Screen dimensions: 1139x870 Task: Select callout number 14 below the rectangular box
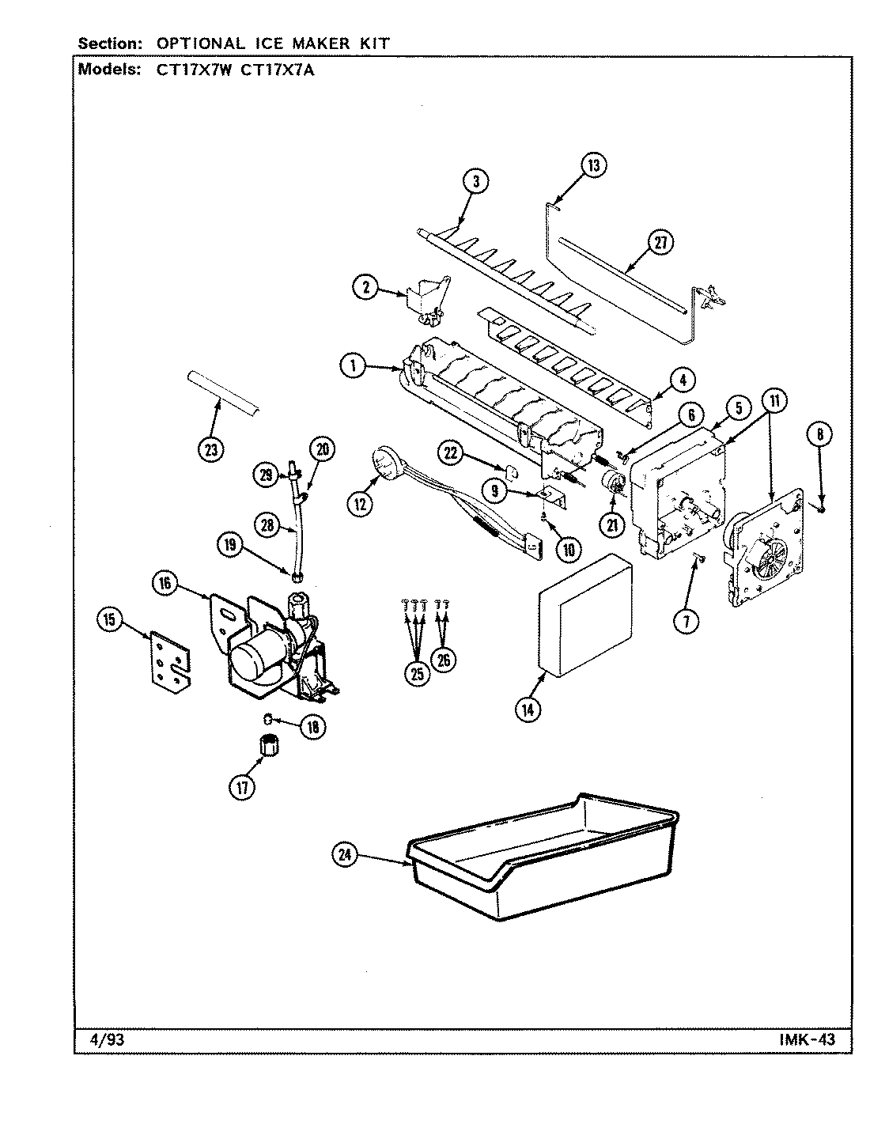coord(528,710)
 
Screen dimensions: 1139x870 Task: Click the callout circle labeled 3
coord(475,182)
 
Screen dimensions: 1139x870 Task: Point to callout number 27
coord(659,244)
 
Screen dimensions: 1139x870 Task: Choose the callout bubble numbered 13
coord(592,165)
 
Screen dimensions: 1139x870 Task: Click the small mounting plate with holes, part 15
coord(171,653)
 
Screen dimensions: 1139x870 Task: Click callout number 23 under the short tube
coord(210,449)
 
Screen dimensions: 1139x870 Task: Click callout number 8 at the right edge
coord(820,433)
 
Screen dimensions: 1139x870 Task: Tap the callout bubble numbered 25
coord(416,673)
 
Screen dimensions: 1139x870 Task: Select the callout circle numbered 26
coord(444,659)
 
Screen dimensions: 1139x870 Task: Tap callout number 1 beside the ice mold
coord(354,365)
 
